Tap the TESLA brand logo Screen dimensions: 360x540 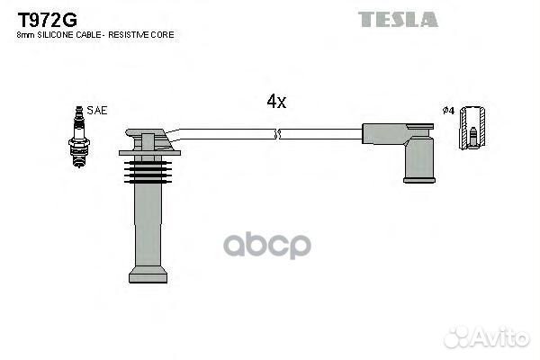(397, 19)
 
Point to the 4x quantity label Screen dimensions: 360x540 (276, 102)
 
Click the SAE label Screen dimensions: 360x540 (98, 111)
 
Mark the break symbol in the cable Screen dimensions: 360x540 (278, 135)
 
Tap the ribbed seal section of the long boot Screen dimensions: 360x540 (144, 170)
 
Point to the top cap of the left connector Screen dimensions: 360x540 (147, 140)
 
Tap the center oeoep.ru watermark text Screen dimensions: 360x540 (267, 245)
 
